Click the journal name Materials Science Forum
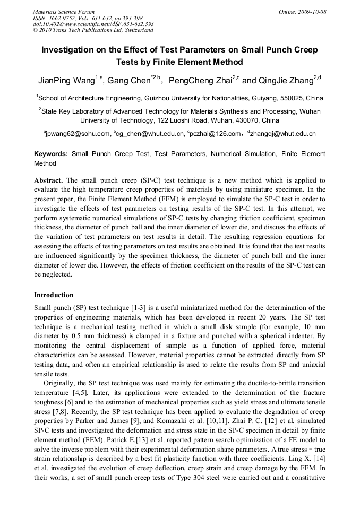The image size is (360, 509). pyautogui.click(x=64, y=12)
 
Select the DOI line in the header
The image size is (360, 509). pyautogui.click(x=93, y=24)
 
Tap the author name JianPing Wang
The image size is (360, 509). pyautogui.click(x=66, y=81)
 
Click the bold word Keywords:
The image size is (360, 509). pyautogui.click(x=51, y=154)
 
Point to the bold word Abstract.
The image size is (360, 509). pyautogui.click(x=48, y=180)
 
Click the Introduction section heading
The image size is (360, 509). pyautogui.click(x=54, y=295)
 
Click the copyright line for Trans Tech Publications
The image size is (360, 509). pyautogui.click(x=93, y=30)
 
